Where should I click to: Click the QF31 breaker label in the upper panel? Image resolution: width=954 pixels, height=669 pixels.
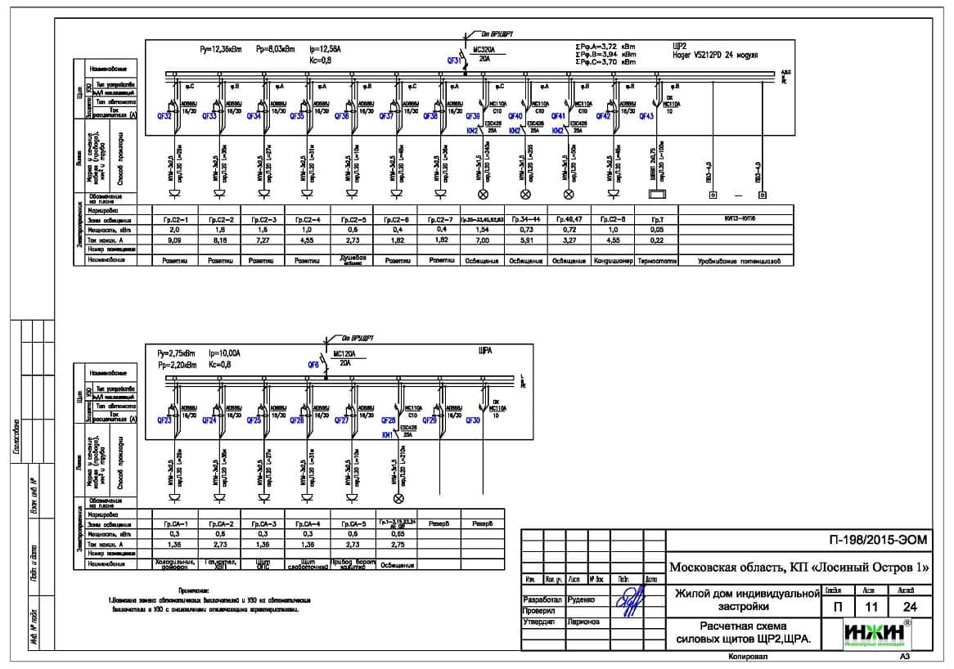(454, 61)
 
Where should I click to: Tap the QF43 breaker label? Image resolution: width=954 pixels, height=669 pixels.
(646, 116)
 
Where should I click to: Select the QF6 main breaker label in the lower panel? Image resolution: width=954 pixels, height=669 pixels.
(313, 364)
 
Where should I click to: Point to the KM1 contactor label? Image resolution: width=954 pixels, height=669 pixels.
(387, 436)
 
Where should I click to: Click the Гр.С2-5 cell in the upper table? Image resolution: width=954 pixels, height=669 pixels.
(353, 220)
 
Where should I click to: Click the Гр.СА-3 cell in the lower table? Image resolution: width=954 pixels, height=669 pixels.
(265, 523)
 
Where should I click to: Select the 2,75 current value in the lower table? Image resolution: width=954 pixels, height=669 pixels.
(398, 544)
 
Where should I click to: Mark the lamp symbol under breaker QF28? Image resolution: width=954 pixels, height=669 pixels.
(399, 498)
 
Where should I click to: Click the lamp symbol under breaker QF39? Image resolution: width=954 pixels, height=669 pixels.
(483, 195)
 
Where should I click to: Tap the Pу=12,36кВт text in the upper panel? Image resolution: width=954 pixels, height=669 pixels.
(220, 50)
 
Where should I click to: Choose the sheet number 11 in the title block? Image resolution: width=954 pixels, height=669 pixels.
(865, 607)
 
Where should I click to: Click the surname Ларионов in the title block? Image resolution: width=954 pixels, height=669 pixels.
(583, 622)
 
